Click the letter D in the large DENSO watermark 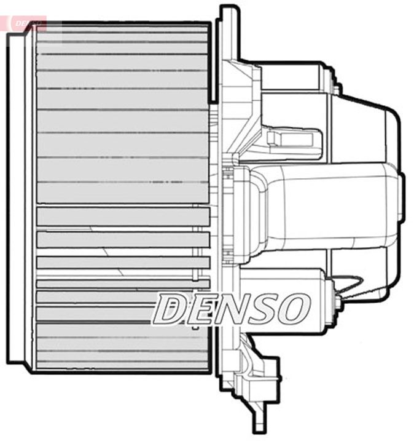[168, 309]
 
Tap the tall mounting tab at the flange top [227, 31]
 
